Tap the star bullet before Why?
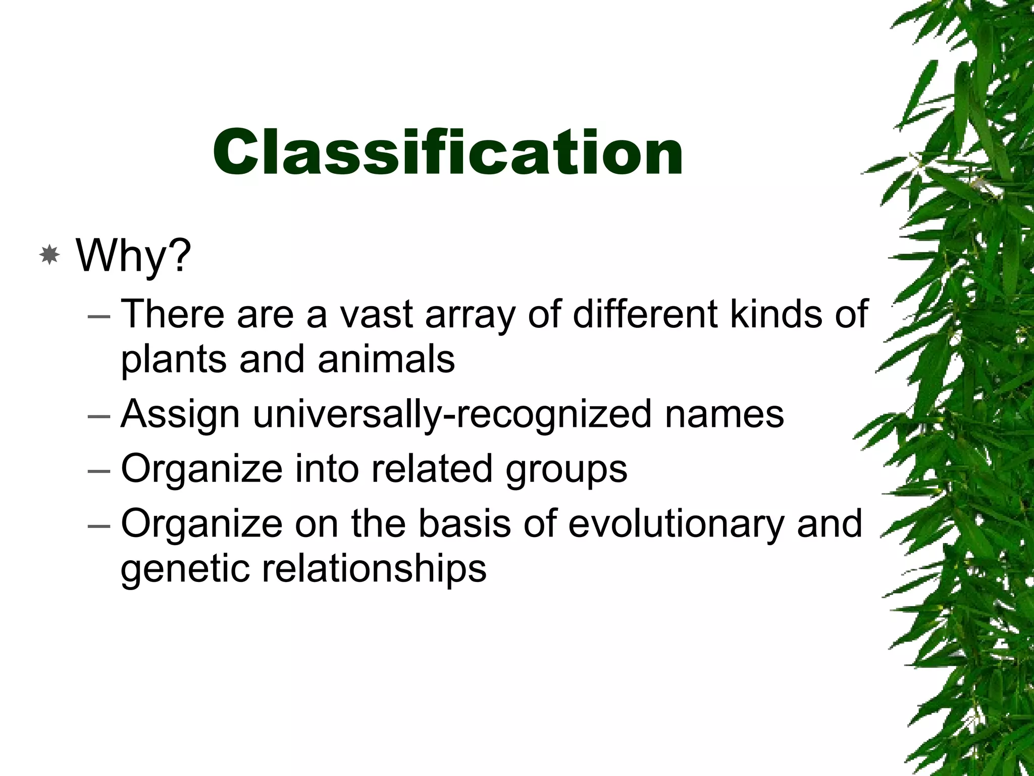click(49, 256)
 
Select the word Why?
click(134, 256)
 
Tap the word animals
click(386, 359)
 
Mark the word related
click(432, 468)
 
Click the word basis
click(464, 523)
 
